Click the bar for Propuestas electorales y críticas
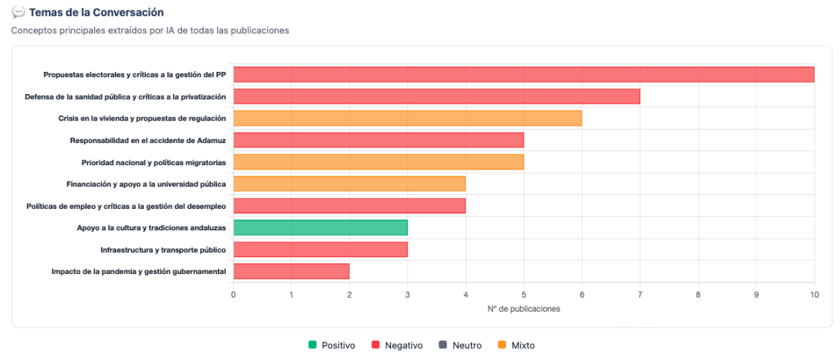coord(523,74)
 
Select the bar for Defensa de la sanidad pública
coord(436,96)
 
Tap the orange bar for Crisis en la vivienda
coord(407,118)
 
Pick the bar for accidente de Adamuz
coord(379,140)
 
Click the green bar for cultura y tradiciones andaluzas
coord(320,227)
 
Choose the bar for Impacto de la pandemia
coord(291,271)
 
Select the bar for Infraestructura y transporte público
coord(320,250)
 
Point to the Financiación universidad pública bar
coord(349,184)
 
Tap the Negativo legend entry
coord(397,345)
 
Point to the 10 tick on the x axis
coord(814,295)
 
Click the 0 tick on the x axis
coord(233,295)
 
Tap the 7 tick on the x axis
coord(640,295)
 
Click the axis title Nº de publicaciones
coord(523,309)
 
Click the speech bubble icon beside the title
coord(19,13)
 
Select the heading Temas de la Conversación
coord(96,13)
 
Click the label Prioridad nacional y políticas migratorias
coord(153,162)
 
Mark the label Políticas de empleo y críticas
coord(126,206)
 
